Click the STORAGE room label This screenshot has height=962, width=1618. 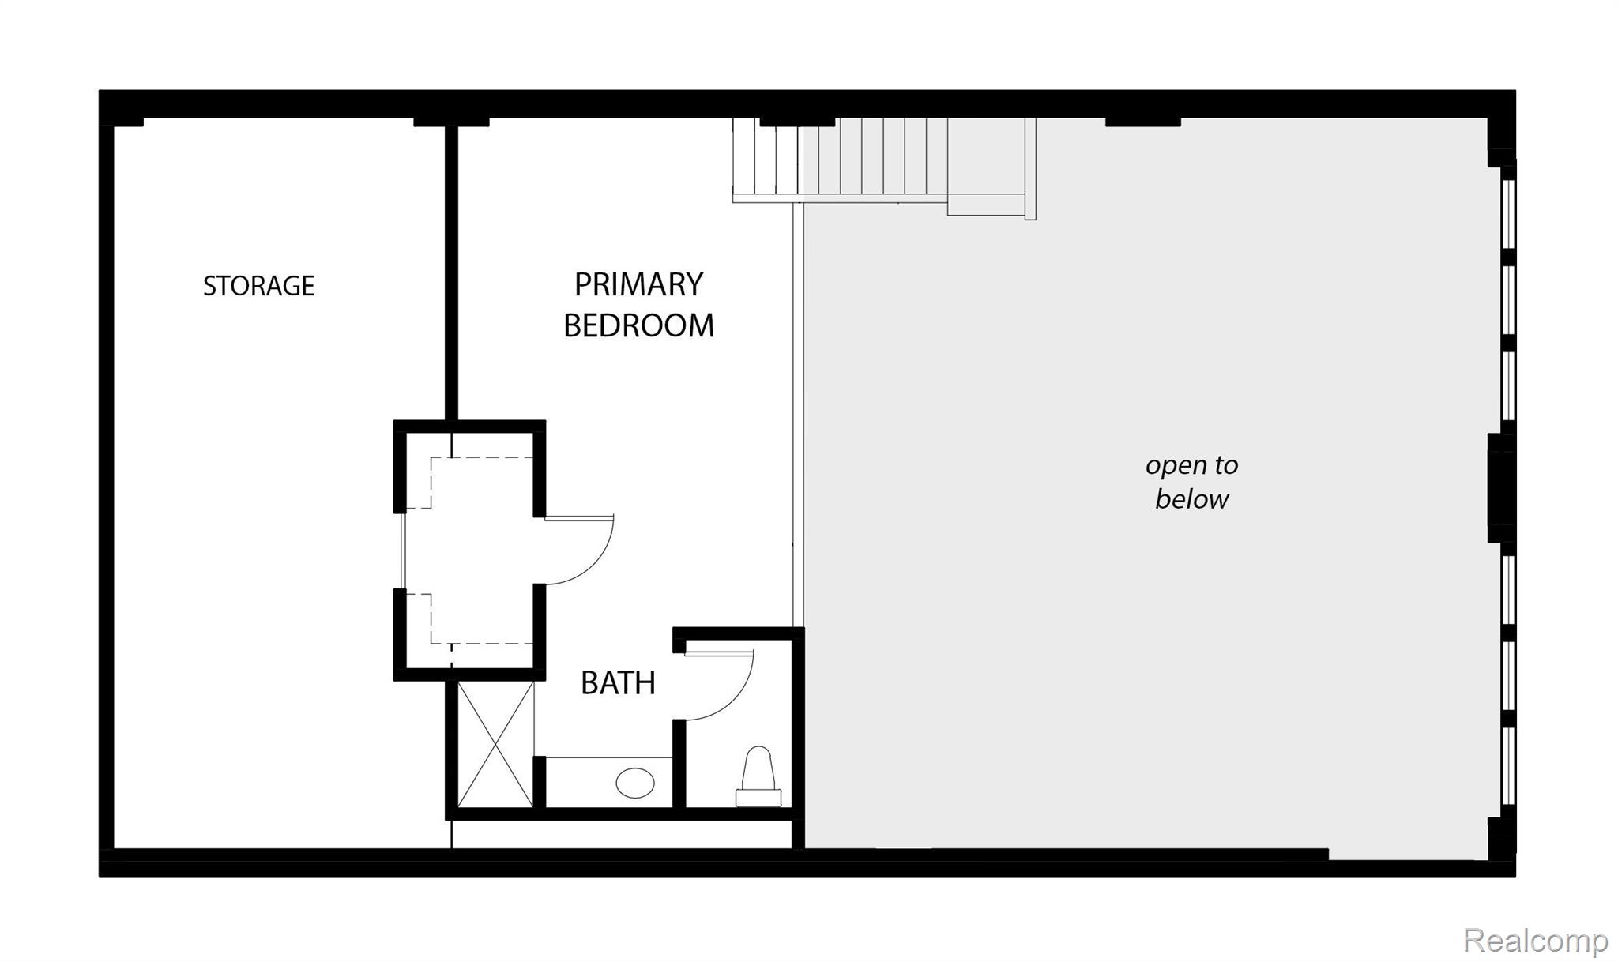point(258,286)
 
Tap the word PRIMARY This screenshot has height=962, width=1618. point(638,285)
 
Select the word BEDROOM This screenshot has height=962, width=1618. point(638,325)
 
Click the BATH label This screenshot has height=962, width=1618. point(618,683)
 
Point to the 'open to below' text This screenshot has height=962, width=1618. point(1191,482)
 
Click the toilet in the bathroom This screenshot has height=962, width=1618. point(758,777)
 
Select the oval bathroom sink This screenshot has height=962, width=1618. point(635,784)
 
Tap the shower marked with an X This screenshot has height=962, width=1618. point(495,744)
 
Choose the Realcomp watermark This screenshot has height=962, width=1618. point(1534,941)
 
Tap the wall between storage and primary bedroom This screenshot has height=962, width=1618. point(451,269)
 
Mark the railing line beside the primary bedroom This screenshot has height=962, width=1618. point(798,411)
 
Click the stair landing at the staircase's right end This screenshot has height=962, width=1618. point(988,166)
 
